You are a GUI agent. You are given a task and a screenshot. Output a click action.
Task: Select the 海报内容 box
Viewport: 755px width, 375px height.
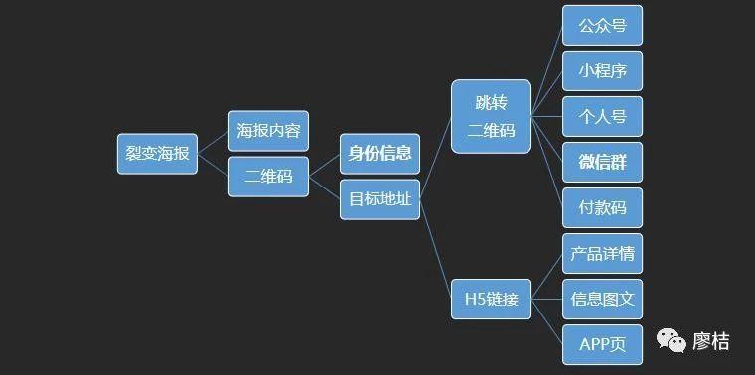click(x=268, y=130)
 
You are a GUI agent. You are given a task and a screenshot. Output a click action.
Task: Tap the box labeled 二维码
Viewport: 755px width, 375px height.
click(x=268, y=177)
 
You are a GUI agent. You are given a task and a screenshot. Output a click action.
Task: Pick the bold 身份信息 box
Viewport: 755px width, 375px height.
click(x=379, y=154)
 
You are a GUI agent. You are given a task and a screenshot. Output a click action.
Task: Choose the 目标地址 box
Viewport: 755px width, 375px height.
click(x=379, y=199)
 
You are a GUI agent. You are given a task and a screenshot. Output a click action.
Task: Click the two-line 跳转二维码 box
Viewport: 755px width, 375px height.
click(x=491, y=117)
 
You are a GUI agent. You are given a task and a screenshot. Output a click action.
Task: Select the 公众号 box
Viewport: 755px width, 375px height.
click(x=602, y=26)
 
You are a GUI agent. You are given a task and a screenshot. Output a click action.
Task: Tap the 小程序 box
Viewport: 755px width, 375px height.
click(x=602, y=71)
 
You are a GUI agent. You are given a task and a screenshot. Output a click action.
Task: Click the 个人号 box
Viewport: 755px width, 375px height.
click(x=602, y=117)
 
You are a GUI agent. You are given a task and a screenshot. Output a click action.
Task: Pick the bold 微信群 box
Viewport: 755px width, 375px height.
click(x=602, y=162)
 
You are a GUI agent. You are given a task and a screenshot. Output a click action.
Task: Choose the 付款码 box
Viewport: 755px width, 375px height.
click(x=602, y=207)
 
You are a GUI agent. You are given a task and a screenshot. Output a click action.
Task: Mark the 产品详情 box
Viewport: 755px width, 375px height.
click(x=602, y=253)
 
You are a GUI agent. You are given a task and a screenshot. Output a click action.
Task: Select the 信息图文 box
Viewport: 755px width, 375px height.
click(x=602, y=299)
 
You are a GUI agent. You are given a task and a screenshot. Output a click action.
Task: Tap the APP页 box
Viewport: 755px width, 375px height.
click(x=602, y=344)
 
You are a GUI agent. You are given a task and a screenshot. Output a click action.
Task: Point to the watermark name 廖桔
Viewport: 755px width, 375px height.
click(x=711, y=342)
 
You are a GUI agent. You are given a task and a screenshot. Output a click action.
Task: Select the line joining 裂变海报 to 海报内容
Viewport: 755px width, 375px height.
click(x=214, y=142)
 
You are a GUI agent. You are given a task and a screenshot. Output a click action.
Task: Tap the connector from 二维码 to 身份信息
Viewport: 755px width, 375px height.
click(x=325, y=166)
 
